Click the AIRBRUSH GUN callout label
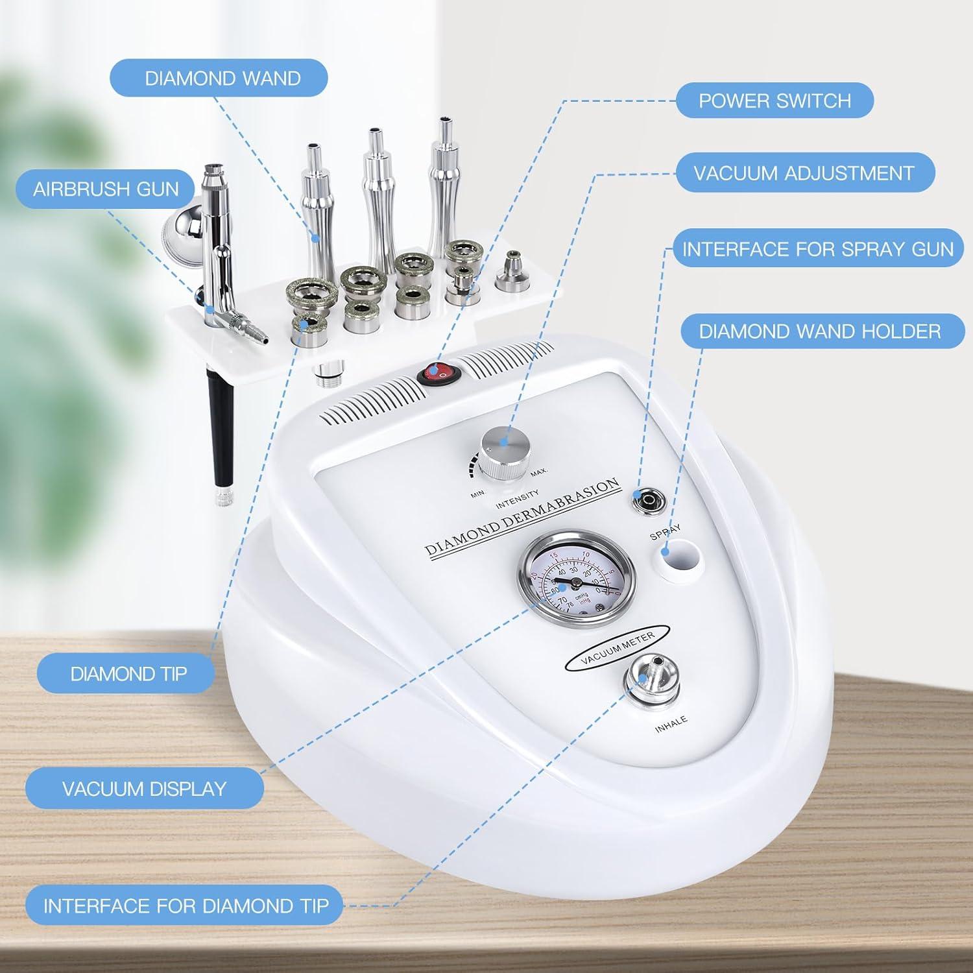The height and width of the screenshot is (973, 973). click(x=106, y=189)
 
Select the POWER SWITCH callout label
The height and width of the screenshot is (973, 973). click(x=775, y=101)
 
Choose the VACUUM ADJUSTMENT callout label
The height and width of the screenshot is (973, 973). click(x=804, y=173)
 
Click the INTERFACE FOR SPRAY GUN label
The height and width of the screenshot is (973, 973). click(x=817, y=249)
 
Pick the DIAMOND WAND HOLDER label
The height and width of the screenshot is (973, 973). click(x=820, y=331)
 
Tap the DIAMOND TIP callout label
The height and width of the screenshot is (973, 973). click(x=128, y=673)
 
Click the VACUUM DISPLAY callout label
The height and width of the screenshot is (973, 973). click(x=144, y=789)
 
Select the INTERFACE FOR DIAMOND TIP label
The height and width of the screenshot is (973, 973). click(x=186, y=906)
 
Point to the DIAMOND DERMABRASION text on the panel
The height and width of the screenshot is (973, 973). click(x=523, y=517)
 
